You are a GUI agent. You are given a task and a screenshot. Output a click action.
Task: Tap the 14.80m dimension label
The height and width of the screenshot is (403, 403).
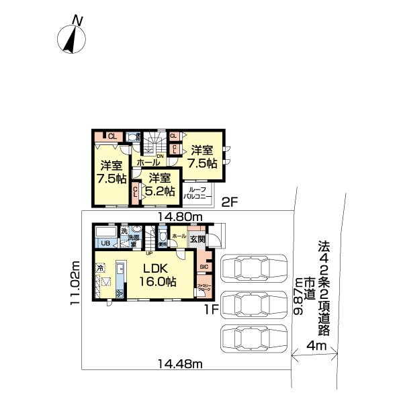180,217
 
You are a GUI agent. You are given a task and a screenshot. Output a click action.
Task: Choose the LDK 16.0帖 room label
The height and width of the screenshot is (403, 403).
158,276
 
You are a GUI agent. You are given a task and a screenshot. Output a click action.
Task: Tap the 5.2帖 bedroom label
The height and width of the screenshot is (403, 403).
161,184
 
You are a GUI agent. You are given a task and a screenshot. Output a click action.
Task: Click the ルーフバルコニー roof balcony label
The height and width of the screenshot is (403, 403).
199,193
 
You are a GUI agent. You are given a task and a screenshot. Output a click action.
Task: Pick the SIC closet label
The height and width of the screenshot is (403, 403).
204,266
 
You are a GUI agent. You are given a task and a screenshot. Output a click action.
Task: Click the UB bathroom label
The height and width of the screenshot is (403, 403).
105,243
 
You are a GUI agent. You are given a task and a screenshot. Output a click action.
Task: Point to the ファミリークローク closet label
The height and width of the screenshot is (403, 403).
204,289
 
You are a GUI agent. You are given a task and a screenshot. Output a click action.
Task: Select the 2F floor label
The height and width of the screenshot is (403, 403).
230,201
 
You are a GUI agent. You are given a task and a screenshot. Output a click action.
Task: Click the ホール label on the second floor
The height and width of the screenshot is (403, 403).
148,163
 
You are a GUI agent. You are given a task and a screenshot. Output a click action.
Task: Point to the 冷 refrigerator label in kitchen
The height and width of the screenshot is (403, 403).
99,267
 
